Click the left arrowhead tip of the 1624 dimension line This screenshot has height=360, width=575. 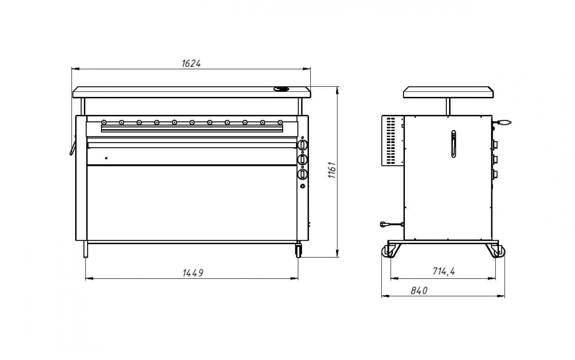pos(72,69)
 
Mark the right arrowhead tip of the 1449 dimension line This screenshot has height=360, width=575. pos(298,278)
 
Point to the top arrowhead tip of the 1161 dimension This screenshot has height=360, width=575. pos(337,87)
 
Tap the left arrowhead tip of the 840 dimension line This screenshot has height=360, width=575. pos(382,296)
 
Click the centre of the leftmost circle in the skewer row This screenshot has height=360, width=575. pos(104,122)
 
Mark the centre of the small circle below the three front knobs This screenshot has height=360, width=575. pos(303,186)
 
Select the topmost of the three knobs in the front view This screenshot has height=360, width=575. pos(303,145)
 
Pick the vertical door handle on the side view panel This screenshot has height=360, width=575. pos(454,144)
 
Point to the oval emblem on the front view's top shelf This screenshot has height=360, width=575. pos(281,89)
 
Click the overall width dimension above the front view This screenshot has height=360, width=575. pos(191,63)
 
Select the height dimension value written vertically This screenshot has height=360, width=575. pos(332,170)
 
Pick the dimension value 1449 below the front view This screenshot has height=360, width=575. pos(193,273)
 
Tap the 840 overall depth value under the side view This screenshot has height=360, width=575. pos(419,291)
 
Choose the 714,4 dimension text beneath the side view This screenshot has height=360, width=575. pos(444,271)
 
